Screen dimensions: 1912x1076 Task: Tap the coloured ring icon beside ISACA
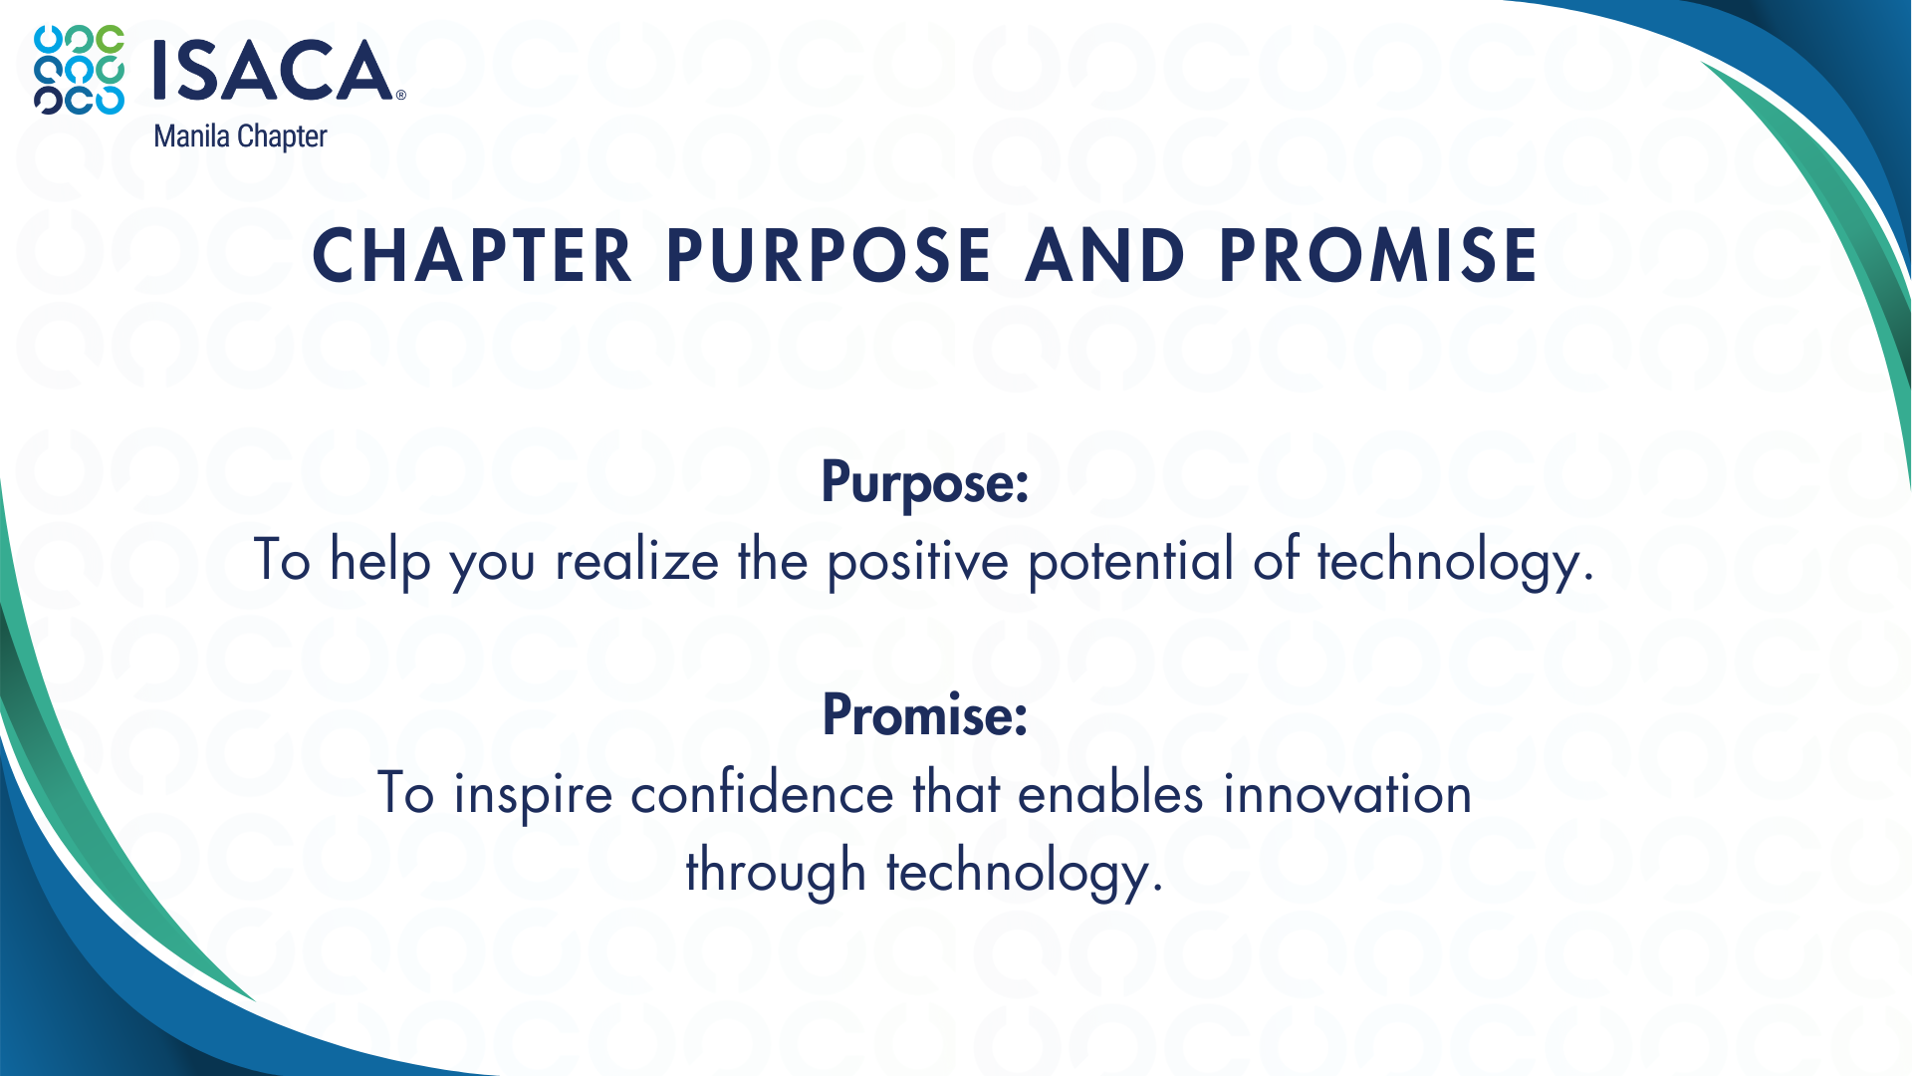[x=80, y=70]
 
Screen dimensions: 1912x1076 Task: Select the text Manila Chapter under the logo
[x=240, y=136]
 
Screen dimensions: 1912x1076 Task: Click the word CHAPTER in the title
[x=472, y=255]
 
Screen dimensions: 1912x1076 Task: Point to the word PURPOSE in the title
[x=829, y=255]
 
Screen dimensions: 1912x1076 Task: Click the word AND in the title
[x=1105, y=255]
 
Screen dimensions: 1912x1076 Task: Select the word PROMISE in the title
[x=1379, y=255]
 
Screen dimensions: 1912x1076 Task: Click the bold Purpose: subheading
[x=925, y=483]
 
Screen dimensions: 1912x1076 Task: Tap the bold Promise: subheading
[x=925, y=714]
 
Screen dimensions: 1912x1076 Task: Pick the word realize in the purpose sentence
[x=637, y=560]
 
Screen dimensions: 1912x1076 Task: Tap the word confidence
[x=762, y=794]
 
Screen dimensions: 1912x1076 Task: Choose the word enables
[x=1110, y=794]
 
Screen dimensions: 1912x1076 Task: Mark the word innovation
[x=1347, y=794]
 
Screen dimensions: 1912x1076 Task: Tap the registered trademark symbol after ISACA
[x=401, y=96]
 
